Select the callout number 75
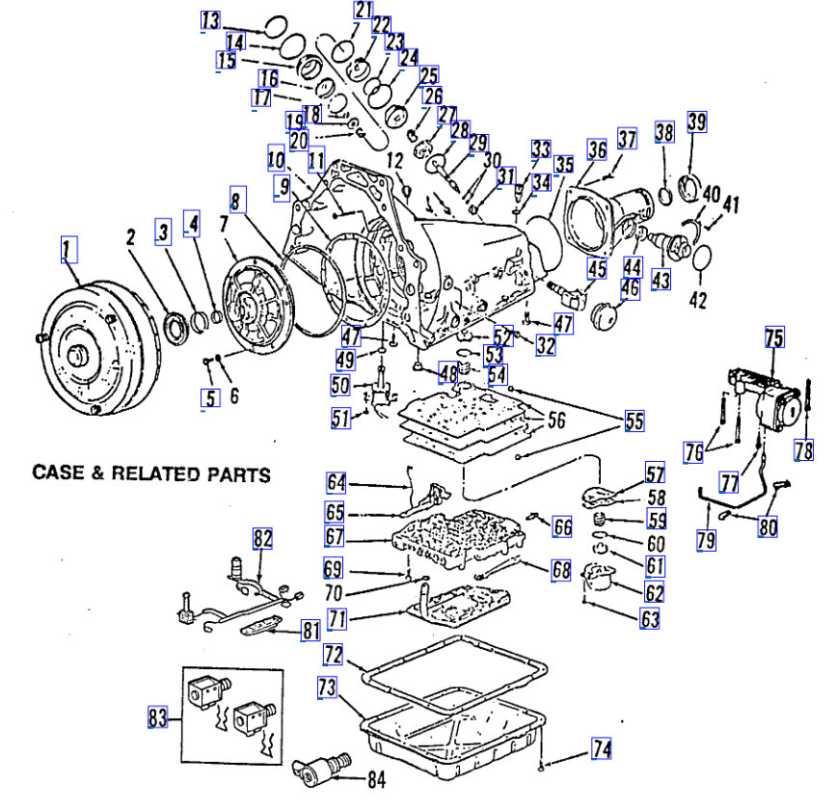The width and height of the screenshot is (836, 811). (x=774, y=338)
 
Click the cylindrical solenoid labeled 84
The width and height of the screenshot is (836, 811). (x=317, y=771)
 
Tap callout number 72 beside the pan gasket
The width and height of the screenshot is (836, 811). (x=334, y=656)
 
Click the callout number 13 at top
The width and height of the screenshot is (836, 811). (x=210, y=19)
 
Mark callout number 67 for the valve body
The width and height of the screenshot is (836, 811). (x=335, y=535)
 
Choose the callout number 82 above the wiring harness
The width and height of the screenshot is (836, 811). (x=263, y=539)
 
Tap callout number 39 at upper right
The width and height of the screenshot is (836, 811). (x=696, y=122)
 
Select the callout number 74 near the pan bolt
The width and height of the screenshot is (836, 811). (x=601, y=748)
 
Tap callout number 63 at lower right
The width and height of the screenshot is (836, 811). (x=649, y=620)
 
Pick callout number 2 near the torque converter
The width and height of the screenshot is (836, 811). (x=129, y=236)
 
